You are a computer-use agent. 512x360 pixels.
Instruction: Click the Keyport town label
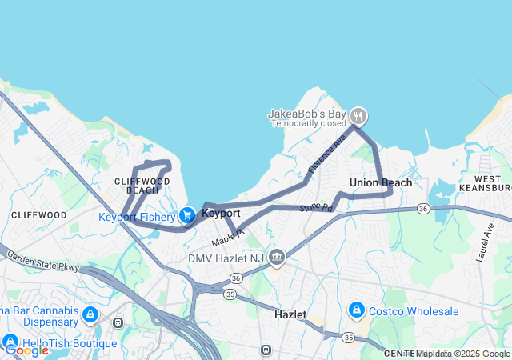click(x=221, y=214)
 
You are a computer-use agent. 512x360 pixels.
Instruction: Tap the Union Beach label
click(x=381, y=183)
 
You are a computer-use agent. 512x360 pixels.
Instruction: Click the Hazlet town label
click(x=290, y=314)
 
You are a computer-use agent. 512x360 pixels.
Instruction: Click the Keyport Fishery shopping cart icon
click(x=188, y=215)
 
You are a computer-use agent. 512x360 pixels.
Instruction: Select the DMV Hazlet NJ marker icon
click(x=277, y=258)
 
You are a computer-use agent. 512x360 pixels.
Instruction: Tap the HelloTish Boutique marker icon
click(x=10, y=342)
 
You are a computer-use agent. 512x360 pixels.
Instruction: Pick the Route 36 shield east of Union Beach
click(x=422, y=209)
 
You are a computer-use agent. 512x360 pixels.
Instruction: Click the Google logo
click(x=26, y=350)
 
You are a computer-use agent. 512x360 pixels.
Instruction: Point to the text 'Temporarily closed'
click(x=306, y=123)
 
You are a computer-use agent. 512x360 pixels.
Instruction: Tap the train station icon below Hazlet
click(x=266, y=350)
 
